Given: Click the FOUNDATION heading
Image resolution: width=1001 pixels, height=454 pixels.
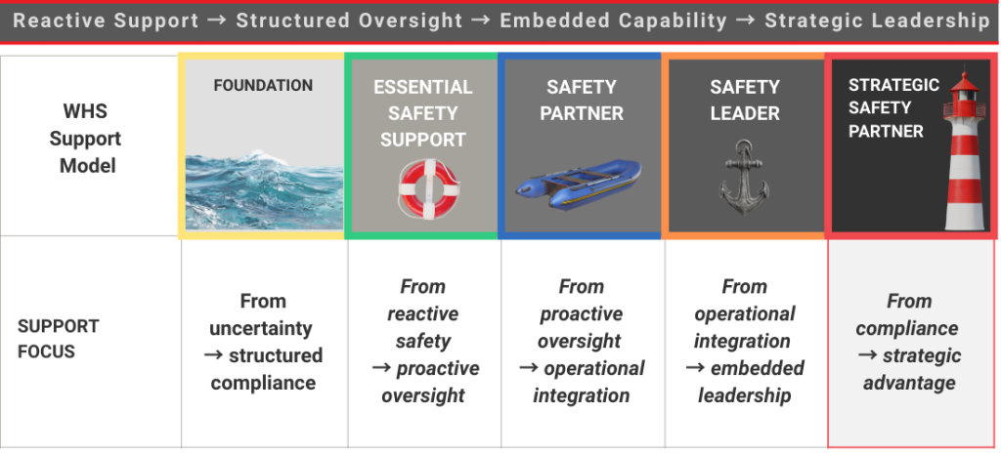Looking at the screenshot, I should point(262,86).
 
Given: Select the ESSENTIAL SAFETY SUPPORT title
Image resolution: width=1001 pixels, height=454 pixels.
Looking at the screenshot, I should point(422,113).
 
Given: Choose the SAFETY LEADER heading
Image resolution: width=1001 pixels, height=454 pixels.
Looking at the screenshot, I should point(744,100).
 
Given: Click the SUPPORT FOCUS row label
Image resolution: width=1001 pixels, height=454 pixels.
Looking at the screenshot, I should point(59,338).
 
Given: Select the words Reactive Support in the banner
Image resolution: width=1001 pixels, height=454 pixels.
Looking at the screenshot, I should point(106,21).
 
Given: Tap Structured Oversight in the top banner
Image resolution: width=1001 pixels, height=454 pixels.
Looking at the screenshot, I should point(349,21).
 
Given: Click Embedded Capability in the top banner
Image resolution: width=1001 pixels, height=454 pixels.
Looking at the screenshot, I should point(613,21).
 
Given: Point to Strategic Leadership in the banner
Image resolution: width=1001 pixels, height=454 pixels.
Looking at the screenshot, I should point(877,21).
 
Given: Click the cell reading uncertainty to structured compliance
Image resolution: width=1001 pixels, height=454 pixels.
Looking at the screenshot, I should point(263,342).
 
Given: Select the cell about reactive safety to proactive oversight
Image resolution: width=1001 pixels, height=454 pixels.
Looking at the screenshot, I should point(422,341).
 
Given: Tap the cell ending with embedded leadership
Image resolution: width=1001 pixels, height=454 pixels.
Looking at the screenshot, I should point(744,341).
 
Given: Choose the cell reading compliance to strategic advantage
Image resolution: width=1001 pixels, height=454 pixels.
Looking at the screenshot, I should point(908,342).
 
